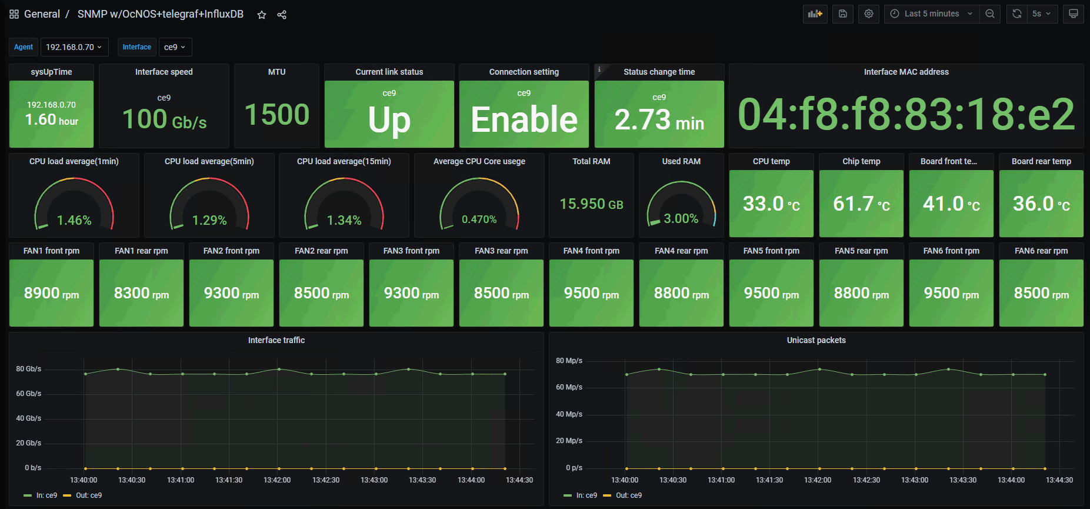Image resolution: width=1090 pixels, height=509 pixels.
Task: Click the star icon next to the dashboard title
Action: pos(262,15)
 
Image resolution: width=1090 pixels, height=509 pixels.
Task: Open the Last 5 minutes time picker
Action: pos(932,14)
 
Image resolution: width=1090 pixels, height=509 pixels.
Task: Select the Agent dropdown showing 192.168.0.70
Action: pos(74,47)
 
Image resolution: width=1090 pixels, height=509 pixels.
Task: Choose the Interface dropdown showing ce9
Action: pos(175,47)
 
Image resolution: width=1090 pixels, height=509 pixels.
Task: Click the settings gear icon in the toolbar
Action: pos(869,14)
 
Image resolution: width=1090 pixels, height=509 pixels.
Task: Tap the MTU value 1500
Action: pos(276,114)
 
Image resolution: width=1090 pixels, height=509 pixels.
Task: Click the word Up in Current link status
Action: pos(389,120)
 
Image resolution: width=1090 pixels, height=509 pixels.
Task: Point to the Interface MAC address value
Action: pos(906,114)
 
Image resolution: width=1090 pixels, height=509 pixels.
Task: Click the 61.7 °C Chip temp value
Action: pos(861,204)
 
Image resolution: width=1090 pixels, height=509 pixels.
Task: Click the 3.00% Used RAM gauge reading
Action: pos(681,218)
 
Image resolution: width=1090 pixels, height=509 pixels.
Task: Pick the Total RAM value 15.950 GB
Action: pos(591,204)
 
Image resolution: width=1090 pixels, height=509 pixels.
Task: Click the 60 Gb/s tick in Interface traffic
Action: pos(29,394)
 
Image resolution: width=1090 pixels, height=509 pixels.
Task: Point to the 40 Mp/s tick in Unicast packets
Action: pos(569,414)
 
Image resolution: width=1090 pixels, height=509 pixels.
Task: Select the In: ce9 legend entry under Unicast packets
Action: pos(586,495)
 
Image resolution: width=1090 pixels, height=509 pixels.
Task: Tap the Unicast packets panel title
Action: pos(816,340)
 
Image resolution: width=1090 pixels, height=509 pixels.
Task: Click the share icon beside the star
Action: pos(282,15)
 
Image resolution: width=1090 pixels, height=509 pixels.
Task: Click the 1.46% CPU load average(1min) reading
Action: pos(74,220)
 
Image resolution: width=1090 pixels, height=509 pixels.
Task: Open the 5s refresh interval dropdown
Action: pos(1041,14)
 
